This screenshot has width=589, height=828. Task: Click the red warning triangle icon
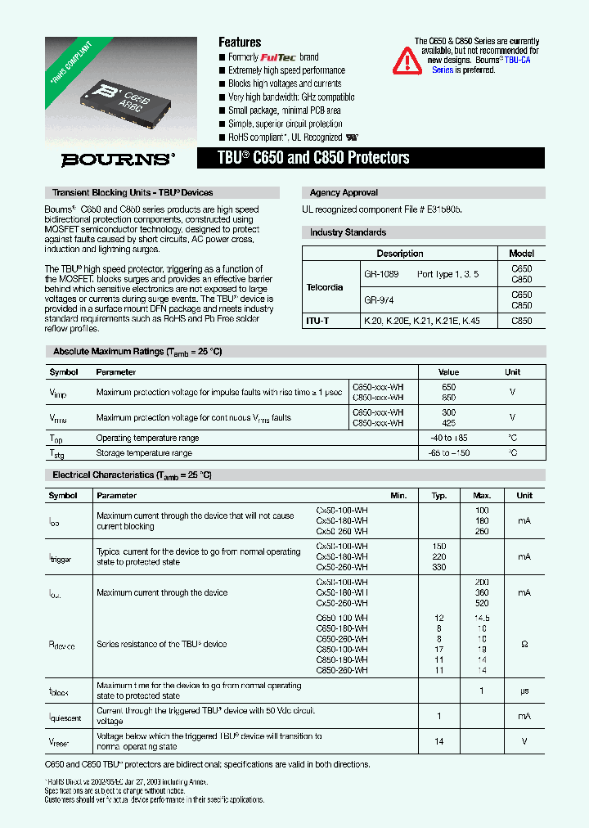[x=407, y=61]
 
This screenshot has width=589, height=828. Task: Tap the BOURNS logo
[x=118, y=160]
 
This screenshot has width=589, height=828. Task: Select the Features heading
[x=240, y=43]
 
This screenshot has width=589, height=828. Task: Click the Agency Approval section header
[x=344, y=193]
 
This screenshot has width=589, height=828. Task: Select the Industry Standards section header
[x=348, y=232]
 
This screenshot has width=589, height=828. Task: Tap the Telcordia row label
[x=325, y=288]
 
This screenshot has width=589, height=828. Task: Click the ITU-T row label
[x=317, y=322]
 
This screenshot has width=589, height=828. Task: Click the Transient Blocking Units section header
[x=133, y=193]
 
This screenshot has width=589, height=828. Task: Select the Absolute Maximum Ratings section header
[x=137, y=351]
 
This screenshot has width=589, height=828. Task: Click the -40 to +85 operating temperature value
[x=448, y=439]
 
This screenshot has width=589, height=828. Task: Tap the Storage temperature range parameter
[x=144, y=452]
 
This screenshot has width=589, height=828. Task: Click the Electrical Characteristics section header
[x=132, y=475]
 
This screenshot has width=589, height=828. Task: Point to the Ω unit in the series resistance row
[x=524, y=645]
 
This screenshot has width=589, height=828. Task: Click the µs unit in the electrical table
[x=524, y=691]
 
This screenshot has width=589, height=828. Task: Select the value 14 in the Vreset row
[x=439, y=740]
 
